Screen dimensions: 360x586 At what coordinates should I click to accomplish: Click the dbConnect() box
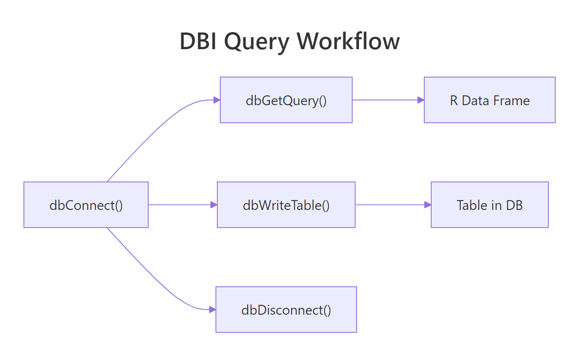(86, 205)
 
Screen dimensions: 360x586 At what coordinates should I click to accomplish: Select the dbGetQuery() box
(286, 100)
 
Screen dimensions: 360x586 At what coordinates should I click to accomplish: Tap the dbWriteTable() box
(286, 205)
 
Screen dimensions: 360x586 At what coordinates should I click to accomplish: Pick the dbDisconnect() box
(286, 310)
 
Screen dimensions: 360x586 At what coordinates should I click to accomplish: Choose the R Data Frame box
(489, 100)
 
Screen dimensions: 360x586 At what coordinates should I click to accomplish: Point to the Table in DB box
(489, 205)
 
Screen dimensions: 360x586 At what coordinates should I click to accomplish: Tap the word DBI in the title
(198, 42)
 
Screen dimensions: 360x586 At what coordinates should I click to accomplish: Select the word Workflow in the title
(349, 42)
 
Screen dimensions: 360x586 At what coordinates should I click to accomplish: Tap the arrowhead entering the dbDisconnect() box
(212, 310)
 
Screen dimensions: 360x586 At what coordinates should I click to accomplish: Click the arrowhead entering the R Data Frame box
(421, 100)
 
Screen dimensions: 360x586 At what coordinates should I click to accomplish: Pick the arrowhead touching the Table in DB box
(428, 205)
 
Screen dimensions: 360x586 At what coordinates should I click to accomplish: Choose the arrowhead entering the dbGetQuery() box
(217, 100)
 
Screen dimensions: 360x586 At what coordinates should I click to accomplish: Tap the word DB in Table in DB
(515, 205)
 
